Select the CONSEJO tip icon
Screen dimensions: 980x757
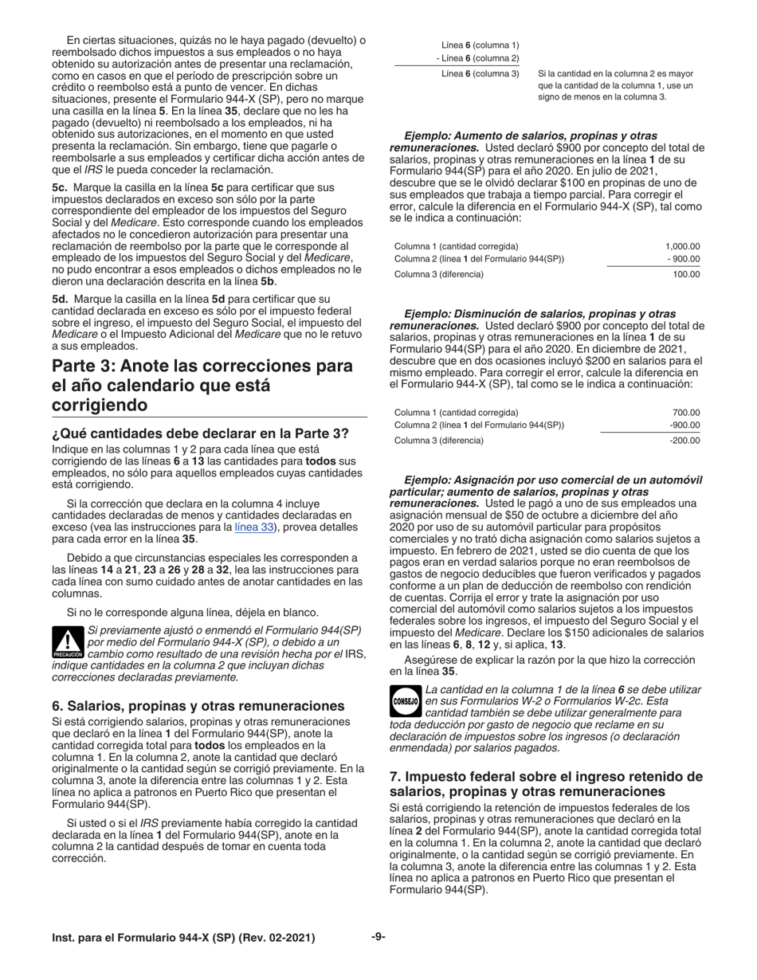point(406,700)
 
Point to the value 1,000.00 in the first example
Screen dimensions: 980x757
point(682,246)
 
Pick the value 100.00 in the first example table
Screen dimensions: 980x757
point(686,274)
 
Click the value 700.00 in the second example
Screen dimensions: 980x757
point(686,413)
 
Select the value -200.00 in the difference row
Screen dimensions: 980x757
point(684,441)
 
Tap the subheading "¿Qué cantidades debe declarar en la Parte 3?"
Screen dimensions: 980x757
point(200,433)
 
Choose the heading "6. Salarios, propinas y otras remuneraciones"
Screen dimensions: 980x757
point(198,706)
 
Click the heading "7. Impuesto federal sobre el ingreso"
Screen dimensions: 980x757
point(546,784)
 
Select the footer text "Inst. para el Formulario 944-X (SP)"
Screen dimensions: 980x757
point(183,938)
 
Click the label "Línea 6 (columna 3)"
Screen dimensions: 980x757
point(480,73)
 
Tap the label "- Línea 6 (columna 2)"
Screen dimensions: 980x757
point(477,58)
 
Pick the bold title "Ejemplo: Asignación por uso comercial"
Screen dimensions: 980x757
point(553,480)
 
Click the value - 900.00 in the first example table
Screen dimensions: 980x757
point(683,259)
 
